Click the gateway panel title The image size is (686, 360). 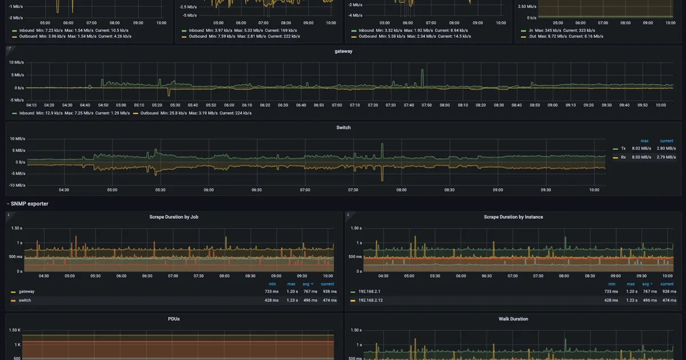point(343,51)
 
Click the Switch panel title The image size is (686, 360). point(343,127)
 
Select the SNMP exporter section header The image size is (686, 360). point(29,203)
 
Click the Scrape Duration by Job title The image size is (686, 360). point(174,217)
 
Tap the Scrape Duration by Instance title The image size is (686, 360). point(513,217)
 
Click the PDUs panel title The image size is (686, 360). point(174,319)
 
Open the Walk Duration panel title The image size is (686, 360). point(513,319)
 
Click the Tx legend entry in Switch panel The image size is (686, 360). point(623,148)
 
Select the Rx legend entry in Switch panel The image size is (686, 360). point(623,157)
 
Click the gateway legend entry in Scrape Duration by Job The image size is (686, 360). point(26,291)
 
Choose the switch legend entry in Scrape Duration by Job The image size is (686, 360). point(25,301)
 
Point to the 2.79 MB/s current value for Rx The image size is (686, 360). point(666,157)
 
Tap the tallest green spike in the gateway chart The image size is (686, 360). point(422,71)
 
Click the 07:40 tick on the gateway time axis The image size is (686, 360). point(408,105)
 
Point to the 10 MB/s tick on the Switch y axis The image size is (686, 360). point(17,139)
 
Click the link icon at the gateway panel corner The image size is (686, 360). point(9,49)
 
